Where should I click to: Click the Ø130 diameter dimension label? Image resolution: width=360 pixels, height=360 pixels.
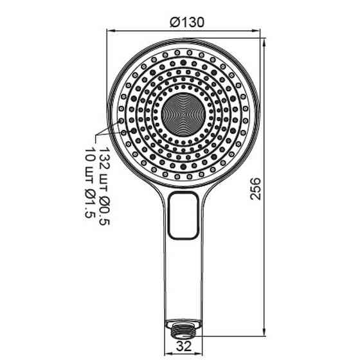coord(186,21)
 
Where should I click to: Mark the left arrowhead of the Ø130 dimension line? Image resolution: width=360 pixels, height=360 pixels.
coord(107,30)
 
